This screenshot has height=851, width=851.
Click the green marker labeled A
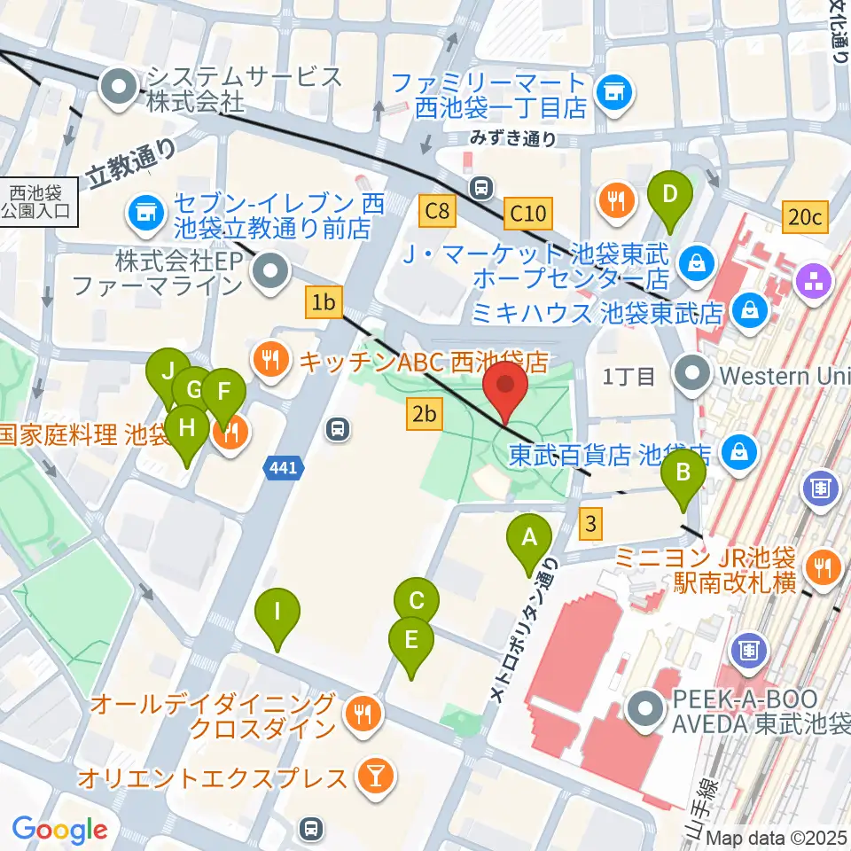[x=529, y=539]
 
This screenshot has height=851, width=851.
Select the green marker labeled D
[x=671, y=194]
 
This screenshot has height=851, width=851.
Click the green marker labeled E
[x=411, y=641]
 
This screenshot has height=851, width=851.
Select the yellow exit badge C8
[x=438, y=212]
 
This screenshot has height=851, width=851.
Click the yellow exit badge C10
[x=527, y=213]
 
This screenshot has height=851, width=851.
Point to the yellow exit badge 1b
[x=324, y=303]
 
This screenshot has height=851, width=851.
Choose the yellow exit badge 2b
[x=424, y=413]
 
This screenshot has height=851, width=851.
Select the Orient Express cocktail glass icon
[x=371, y=777]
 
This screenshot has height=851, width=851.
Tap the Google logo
[x=59, y=830]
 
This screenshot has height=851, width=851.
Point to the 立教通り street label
[x=133, y=165]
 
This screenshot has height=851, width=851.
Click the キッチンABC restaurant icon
[x=269, y=359]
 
